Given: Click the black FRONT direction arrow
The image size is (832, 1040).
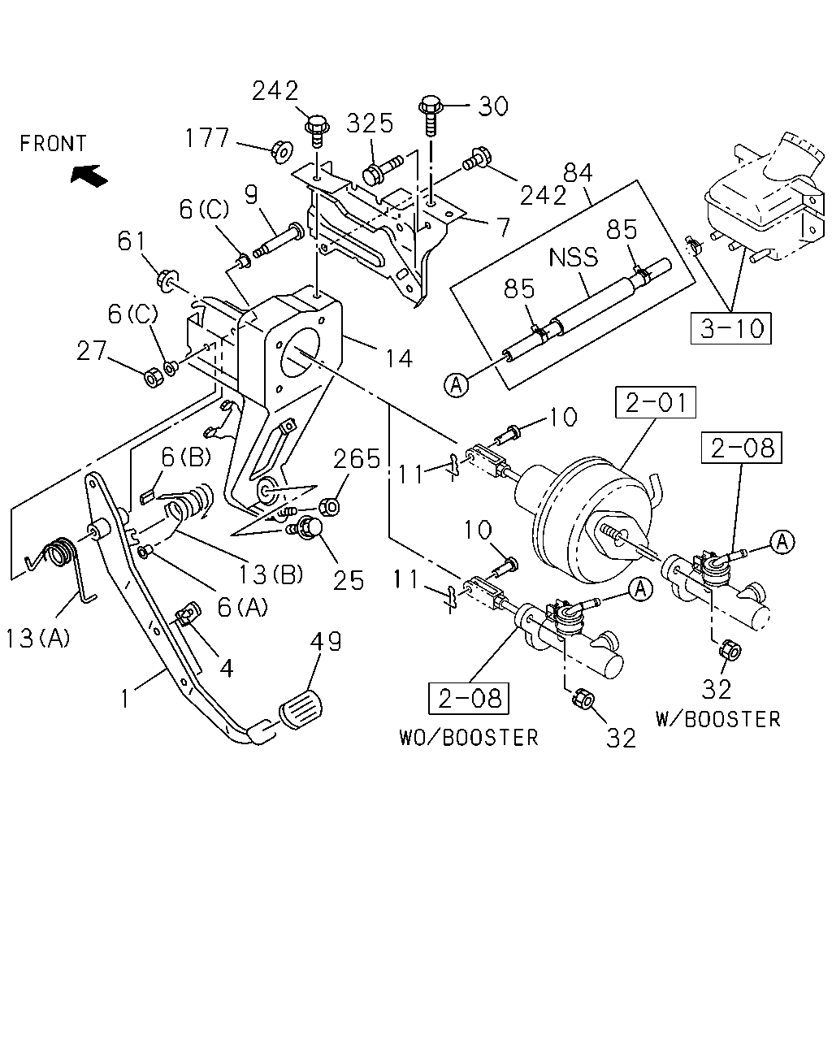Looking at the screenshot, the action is (x=89, y=175).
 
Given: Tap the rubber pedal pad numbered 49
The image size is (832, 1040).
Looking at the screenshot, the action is (x=301, y=709).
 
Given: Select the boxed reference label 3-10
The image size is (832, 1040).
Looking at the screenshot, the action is (x=730, y=328).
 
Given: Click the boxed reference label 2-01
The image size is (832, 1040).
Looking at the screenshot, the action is (x=656, y=402).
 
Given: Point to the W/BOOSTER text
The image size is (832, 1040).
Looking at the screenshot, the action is (x=718, y=720).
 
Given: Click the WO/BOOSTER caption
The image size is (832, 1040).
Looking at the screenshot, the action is (x=469, y=738).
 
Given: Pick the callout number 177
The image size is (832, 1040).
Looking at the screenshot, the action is (x=207, y=138).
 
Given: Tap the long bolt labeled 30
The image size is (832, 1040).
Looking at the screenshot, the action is (x=430, y=115).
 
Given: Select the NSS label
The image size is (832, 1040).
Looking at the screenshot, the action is (x=574, y=257).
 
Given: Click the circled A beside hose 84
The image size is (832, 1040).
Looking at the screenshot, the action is (x=457, y=385).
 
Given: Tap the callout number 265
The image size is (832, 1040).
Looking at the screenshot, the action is (x=357, y=458).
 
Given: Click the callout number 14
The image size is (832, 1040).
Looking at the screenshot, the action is (x=399, y=359).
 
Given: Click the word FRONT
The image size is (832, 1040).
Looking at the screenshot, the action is (x=53, y=144).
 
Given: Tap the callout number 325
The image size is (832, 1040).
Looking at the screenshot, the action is (x=370, y=123).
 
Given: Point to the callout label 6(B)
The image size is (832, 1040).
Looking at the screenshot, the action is (x=185, y=457).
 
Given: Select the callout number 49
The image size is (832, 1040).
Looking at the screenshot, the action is (x=326, y=642).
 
